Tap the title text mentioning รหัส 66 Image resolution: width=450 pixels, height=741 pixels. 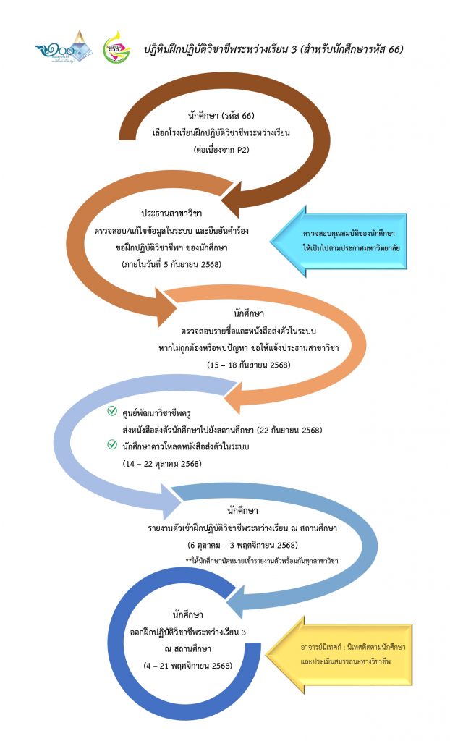coord(273,49)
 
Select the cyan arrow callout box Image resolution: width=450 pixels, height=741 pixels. coord(340,241)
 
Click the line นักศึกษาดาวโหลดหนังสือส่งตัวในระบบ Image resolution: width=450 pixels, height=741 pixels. coord(187,446)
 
